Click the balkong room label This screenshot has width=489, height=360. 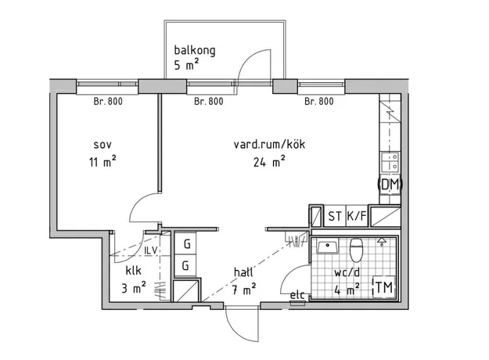click(195, 50)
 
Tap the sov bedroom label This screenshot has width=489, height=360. click(102, 145)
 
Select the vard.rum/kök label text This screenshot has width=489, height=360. click(269, 145)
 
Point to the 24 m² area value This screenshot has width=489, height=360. click(269, 162)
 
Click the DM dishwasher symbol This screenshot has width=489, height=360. click(390, 185)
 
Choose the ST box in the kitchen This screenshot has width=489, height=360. click(335, 216)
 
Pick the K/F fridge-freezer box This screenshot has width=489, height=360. click(357, 216)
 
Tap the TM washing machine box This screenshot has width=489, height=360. click(384, 287)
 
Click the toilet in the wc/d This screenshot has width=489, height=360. click(356, 250)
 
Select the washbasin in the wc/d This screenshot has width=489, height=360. click(328, 247)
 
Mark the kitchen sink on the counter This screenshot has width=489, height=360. click(390, 161)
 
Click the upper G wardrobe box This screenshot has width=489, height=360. click(185, 243)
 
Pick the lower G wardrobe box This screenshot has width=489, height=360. click(185, 266)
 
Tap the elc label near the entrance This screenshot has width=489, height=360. click(297, 295)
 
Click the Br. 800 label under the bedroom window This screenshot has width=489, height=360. click(108, 102)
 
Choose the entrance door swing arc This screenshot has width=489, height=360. click(234, 331)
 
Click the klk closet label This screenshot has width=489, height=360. click(134, 271)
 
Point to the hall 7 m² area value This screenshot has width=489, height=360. click(244, 290)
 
